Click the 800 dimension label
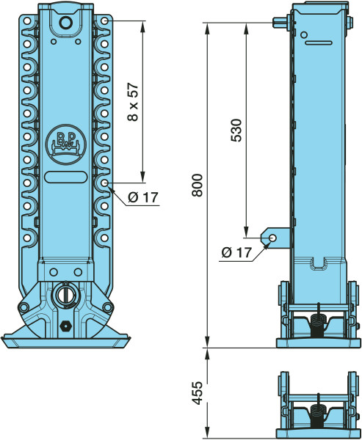tap(198, 186)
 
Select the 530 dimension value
tap(236, 131)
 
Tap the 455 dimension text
tap(198, 393)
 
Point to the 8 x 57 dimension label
tap(133, 102)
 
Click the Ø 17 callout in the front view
tap(143, 197)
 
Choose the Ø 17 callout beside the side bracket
tap(236, 253)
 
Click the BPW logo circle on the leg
tap(66, 144)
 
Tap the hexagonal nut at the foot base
tap(65, 326)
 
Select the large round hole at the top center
tap(66, 23)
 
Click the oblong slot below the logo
tap(66, 177)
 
